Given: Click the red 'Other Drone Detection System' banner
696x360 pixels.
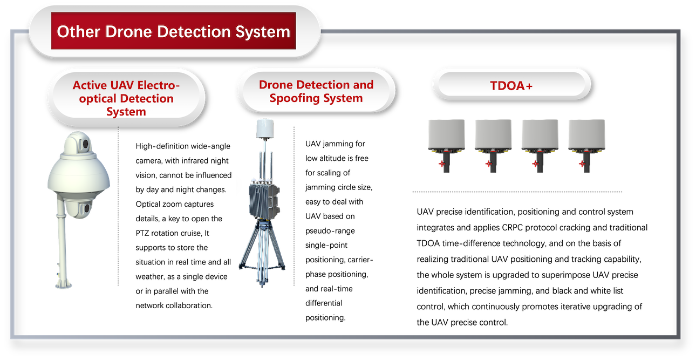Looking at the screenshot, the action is pyautogui.click(x=173, y=31).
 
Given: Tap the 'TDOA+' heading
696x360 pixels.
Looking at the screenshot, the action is pyautogui.click(x=511, y=86).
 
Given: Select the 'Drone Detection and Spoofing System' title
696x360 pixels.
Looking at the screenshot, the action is pyautogui.click(x=316, y=91).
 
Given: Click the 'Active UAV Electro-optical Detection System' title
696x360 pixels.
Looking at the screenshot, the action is pyautogui.click(x=126, y=98).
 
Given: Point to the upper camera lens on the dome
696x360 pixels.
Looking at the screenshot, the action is pyautogui.click(x=85, y=144).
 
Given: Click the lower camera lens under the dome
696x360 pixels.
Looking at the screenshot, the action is pyautogui.click(x=87, y=208).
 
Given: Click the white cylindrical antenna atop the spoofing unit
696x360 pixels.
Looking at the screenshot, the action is pyautogui.click(x=265, y=128).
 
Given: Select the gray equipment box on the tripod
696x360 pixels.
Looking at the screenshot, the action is pyautogui.click(x=264, y=201).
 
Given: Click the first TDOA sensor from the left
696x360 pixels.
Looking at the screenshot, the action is pyautogui.click(x=446, y=146).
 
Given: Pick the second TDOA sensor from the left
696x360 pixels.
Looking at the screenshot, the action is pyautogui.click(x=493, y=146).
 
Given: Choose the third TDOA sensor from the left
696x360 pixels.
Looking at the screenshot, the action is pyautogui.click(x=540, y=146).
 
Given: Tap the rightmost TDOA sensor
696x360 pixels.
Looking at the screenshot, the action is pyautogui.click(x=586, y=146).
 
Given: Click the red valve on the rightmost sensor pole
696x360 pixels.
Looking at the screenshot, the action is pyautogui.click(x=582, y=164).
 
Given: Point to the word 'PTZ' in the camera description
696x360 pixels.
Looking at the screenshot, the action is pyautogui.click(x=142, y=233).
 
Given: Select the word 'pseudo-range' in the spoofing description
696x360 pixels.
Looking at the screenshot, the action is pyautogui.click(x=330, y=231).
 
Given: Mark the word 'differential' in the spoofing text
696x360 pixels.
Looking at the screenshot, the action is pyautogui.click(x=324, y=303).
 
